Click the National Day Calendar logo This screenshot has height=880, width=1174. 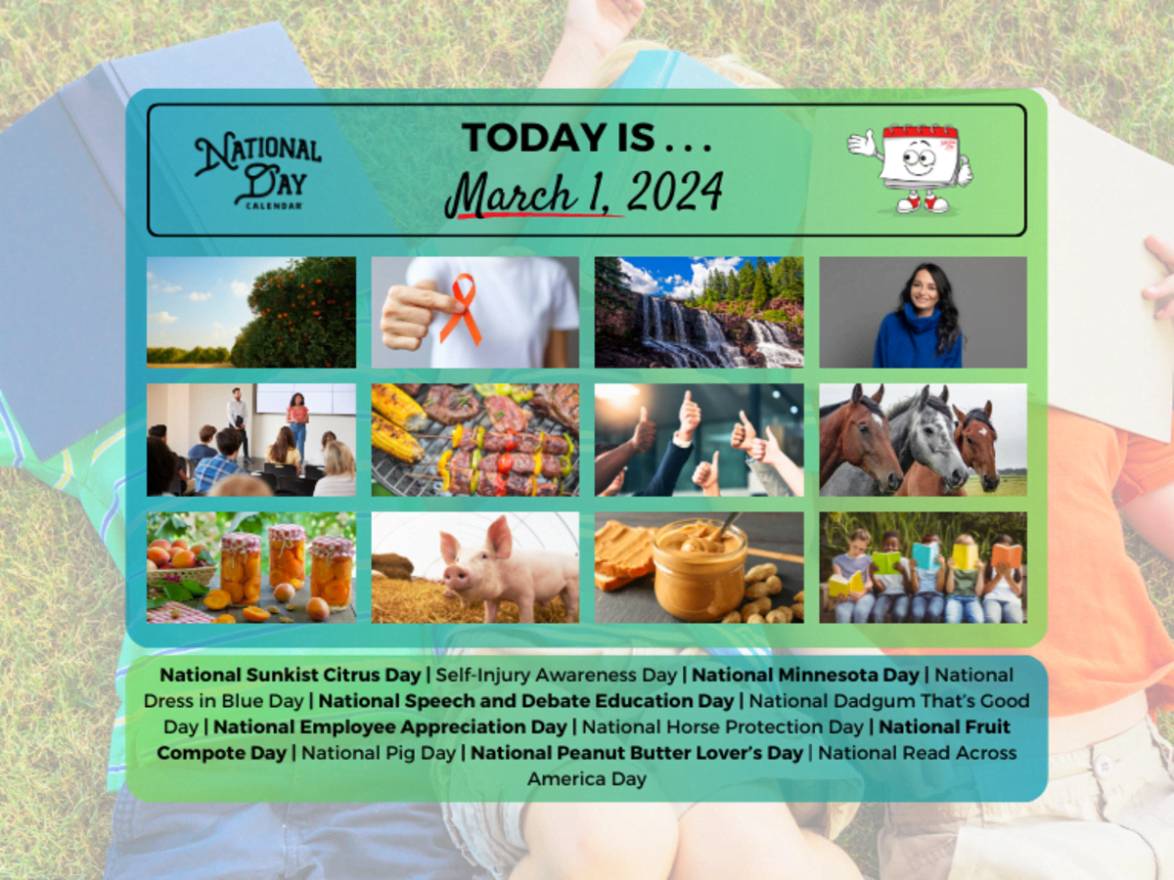point(258,171)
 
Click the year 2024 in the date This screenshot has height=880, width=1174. point(675,192)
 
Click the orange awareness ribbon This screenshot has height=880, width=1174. point(461,308)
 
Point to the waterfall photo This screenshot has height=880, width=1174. point(700,313)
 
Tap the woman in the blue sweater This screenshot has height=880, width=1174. point(920,316)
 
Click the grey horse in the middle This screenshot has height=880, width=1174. point(926,438)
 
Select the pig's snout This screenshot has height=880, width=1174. point(457,577)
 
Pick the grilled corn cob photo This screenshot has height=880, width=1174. point(475,440)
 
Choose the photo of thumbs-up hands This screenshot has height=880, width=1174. point(700,440)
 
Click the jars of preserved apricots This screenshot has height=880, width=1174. point(289,567)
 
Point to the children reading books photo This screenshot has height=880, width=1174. point(924,567)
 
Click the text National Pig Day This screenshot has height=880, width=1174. point(379,753)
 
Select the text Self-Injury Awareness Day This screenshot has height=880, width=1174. point(557,676)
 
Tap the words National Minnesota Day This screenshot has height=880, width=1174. point(805,675)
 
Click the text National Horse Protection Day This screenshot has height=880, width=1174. point(723,726)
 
